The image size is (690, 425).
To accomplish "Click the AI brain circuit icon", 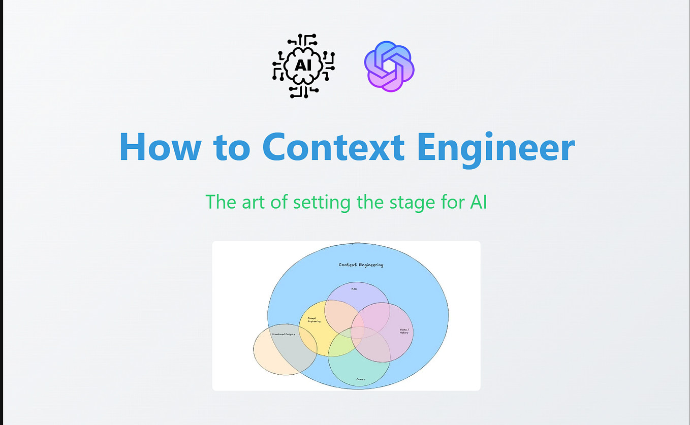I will point(303,66).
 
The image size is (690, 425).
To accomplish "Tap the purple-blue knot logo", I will point(389,67).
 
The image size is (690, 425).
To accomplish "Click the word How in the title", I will point(160,147).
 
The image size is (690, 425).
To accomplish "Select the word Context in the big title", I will point(333,147).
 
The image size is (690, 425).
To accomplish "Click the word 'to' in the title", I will point(232,147).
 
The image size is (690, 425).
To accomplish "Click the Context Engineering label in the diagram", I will point(361,265).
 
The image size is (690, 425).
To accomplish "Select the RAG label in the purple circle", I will point(354,288).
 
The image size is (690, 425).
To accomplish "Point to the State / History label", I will point(404,331).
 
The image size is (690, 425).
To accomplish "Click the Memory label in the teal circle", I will point(360,379).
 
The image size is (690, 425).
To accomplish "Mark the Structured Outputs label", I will point(283,334).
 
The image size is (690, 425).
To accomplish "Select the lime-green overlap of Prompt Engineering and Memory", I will point(339,345).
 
